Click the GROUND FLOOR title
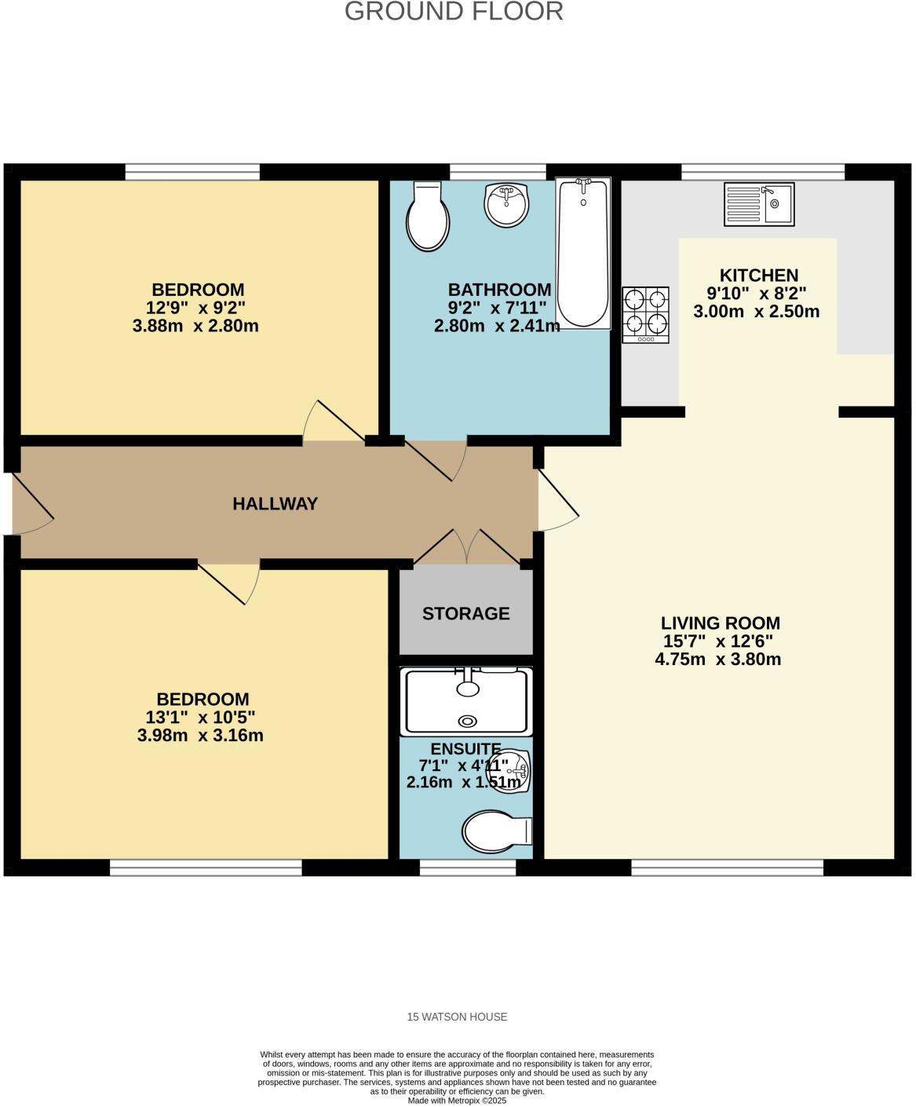click(454, 12)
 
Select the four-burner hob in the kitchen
click(646, 314)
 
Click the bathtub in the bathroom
click(583, 253)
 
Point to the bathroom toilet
click(428, 217)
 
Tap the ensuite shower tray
click(466, 701)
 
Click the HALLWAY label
click(275, 504)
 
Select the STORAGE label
click(466, 614)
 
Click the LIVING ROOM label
click(720, 623)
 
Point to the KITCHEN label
click(758, 276)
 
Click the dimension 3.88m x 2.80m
click(195, 326)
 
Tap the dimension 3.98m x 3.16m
click(200, 736)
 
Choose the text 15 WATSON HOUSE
click(457, 1017)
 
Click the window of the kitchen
click(762, 172)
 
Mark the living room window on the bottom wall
click(727, 867)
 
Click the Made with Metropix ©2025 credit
click(457, 1101)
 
